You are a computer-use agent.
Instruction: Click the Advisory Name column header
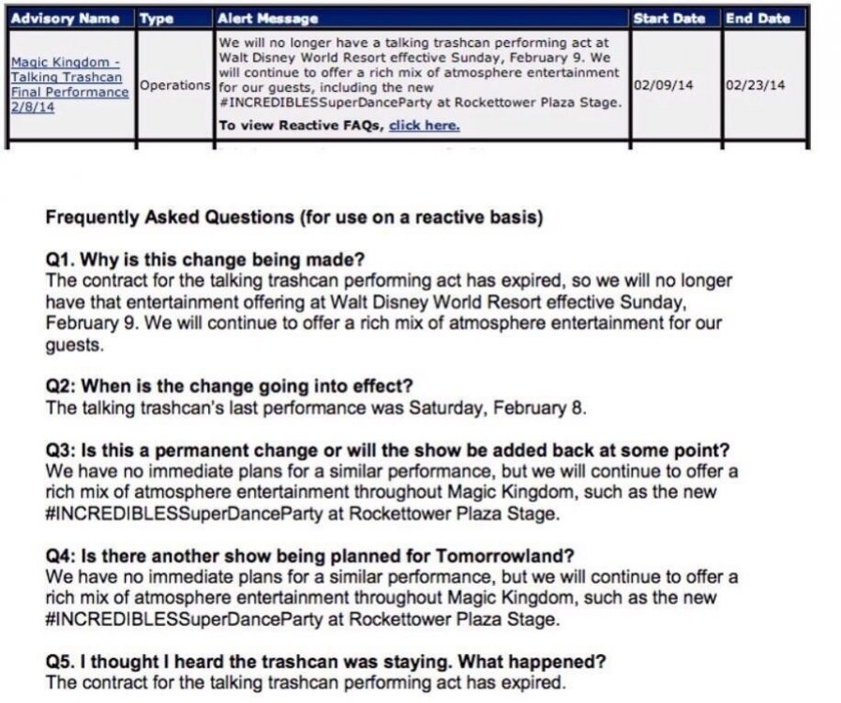[x=65, y=18]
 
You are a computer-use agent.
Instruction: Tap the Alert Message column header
[x=267, y=18]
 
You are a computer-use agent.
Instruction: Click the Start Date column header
[x=669, y=18]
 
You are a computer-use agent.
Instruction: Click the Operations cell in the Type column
[x=174, y=85]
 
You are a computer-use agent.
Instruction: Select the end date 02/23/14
[x=755, y=85]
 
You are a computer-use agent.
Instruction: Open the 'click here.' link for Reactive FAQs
[x=424, y=126]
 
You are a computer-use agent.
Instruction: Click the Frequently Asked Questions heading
[x=293, y=217]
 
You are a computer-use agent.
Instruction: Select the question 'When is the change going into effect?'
[x=242, y=386]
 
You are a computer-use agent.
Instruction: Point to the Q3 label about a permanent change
[x=60, y=450]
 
